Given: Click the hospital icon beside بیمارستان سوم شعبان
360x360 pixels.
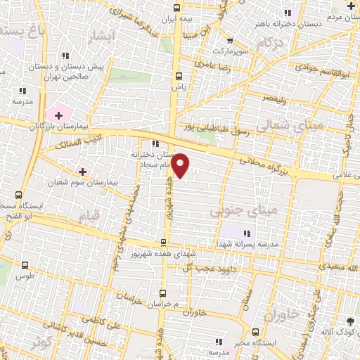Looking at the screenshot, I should (82, 171).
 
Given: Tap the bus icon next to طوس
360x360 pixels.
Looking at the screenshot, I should (26, 266).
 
